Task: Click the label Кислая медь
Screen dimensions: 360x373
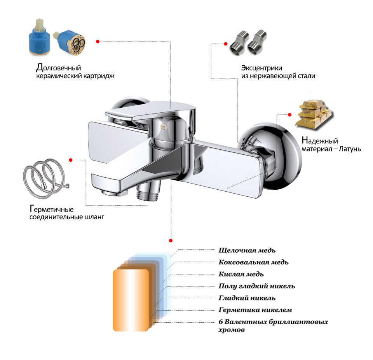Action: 241,274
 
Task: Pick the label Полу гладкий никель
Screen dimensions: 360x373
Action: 257,286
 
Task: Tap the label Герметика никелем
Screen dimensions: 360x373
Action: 255,310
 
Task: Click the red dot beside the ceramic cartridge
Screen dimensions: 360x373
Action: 98,41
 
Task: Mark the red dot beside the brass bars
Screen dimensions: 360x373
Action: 289,114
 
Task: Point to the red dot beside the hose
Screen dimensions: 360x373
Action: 71,160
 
